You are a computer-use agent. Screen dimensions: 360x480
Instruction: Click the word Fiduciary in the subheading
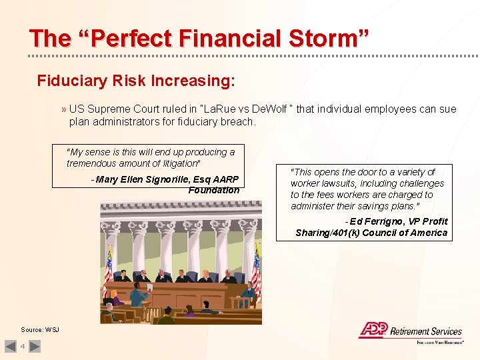tap(71, 81)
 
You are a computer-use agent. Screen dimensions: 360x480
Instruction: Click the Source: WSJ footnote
tap(40, 330)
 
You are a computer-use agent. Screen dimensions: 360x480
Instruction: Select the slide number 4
tap(22, 346)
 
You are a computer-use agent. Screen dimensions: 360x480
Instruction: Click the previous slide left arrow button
tap(11, 346)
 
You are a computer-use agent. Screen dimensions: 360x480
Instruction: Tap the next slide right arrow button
tap(35, 346)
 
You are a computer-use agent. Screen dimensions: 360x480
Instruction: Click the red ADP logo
tap(373, 329)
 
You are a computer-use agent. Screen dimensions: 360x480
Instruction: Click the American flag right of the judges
tap(255, 270)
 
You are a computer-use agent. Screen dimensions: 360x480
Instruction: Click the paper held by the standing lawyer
tap(149, 287)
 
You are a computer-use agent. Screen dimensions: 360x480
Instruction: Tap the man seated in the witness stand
tap(248, 291)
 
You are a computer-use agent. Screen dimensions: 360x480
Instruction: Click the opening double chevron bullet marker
tap(63, 109)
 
